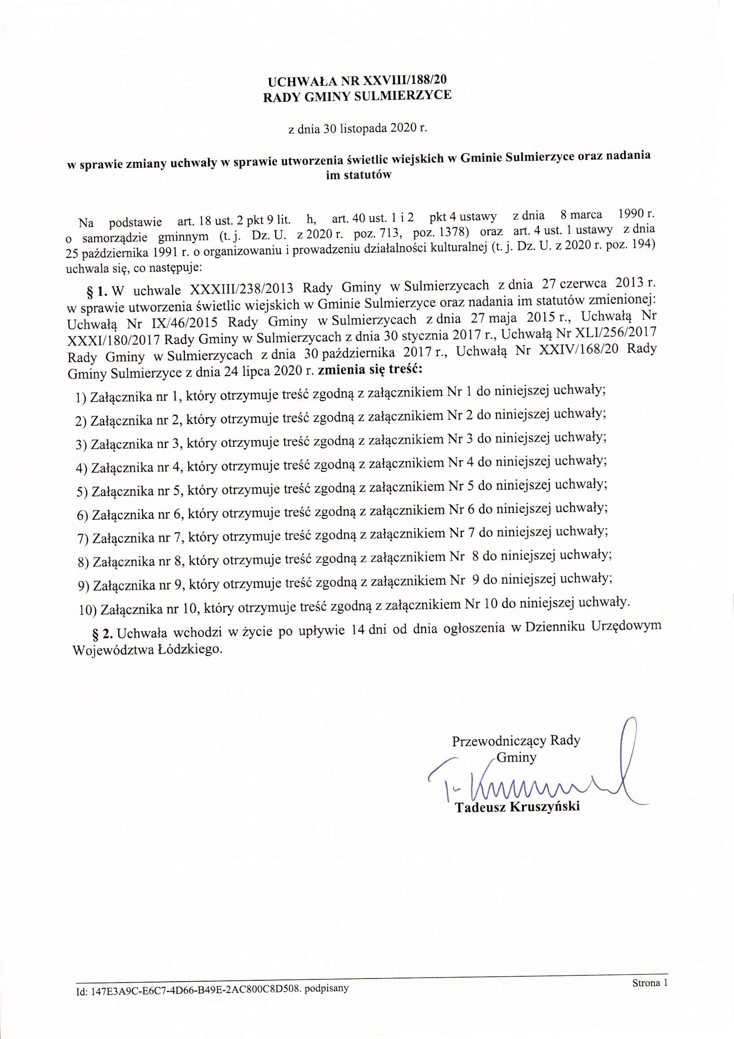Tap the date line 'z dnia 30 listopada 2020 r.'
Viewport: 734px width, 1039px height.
click(x=358, y=129)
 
